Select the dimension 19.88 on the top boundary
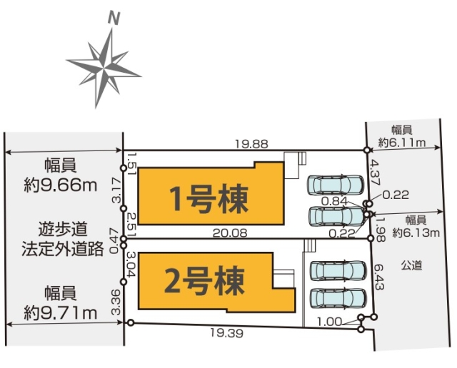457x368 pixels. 251,143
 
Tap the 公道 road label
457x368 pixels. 413,266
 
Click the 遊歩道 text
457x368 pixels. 64,230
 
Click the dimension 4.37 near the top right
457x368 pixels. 373,173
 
